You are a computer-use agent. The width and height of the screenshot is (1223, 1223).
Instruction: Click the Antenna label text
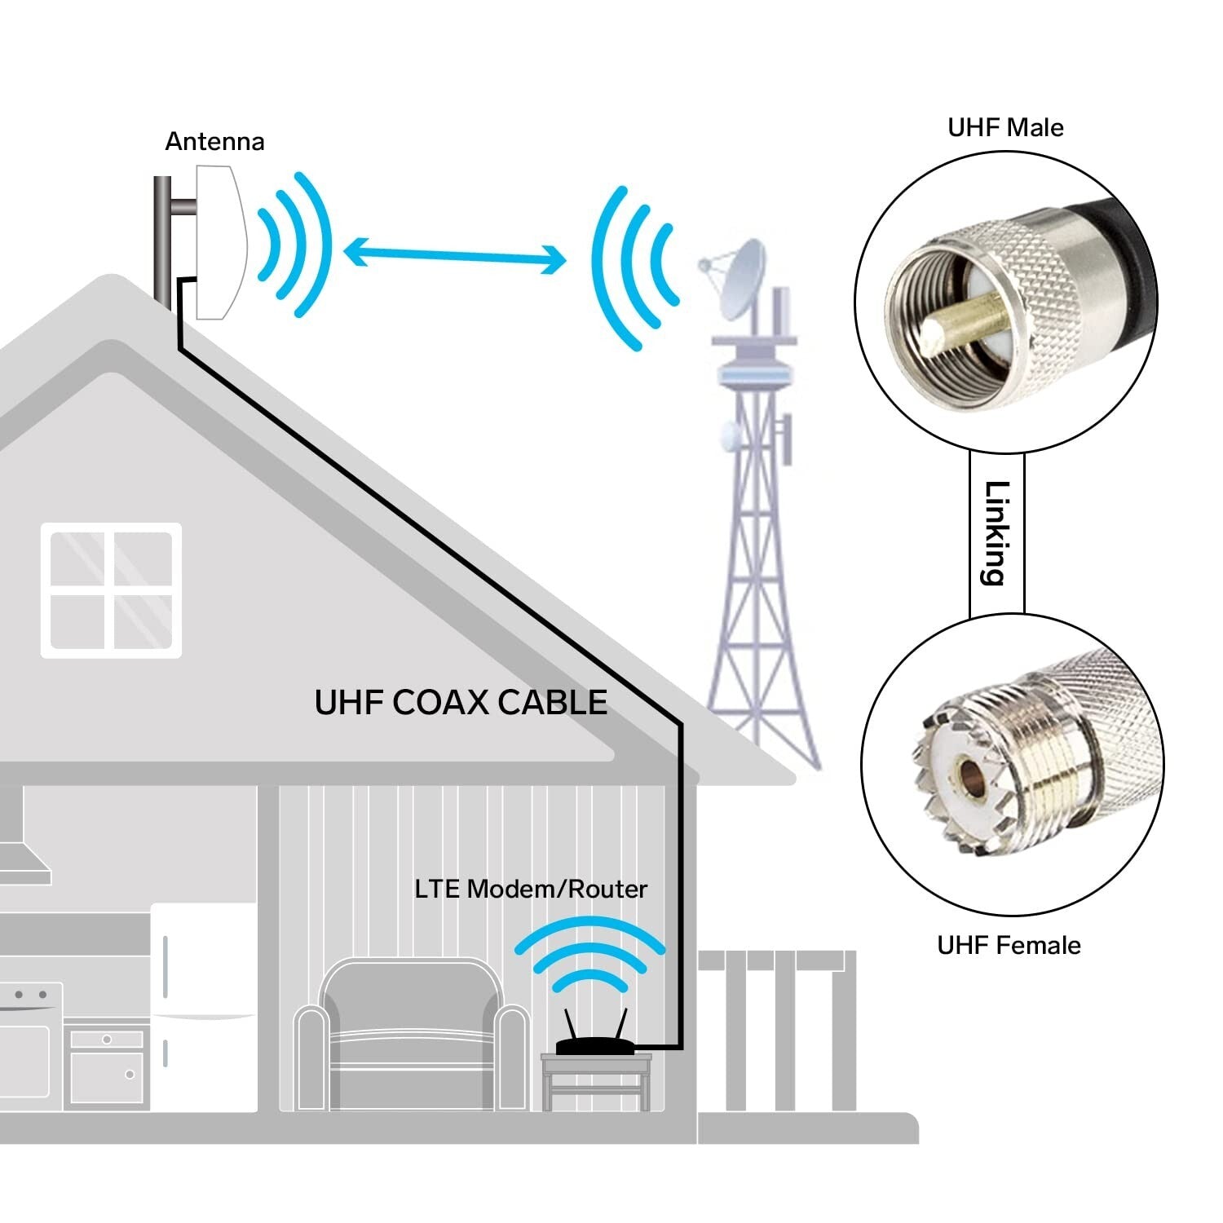214,142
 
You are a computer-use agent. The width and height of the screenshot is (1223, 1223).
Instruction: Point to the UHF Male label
1005,127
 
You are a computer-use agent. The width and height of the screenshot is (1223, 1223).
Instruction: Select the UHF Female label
1009,945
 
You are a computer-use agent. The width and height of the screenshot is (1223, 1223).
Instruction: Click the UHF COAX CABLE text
461,702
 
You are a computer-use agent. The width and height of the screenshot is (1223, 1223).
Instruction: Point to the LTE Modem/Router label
531,889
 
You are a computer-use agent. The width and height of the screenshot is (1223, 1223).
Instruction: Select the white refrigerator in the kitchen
204,1007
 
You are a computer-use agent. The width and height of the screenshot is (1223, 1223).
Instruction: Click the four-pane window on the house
112,590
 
